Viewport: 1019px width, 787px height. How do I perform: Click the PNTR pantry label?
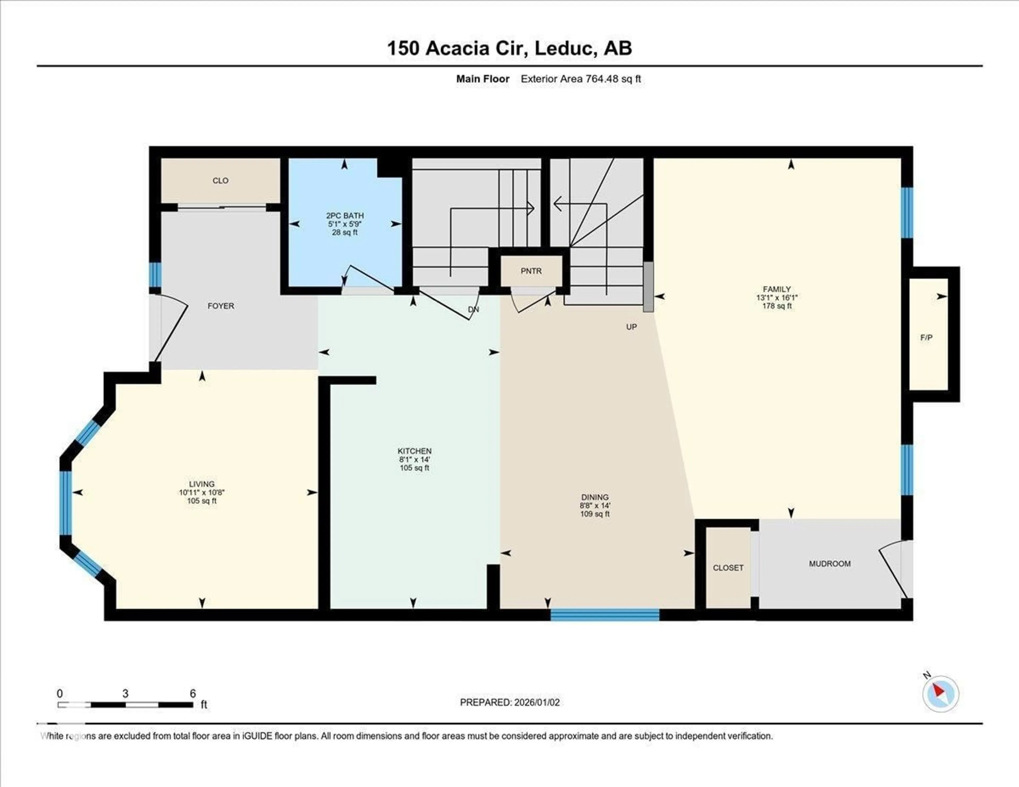click(x=531, y=271)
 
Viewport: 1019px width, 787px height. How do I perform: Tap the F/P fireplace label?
click(x=926, y=337)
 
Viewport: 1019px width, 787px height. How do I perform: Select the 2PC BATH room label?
click(x=345, y=215)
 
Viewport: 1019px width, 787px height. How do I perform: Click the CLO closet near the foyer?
click(x=220, y=180)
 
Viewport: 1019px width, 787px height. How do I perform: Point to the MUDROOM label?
click(x=830, y=564)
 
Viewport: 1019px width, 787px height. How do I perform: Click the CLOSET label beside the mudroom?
click(x=728, y=568)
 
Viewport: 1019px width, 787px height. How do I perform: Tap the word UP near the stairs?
click(x=631, y=327)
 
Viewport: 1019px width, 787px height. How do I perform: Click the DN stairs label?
click(x=473, y=309)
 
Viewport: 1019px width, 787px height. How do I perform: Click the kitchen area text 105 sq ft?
click(x=414, y=468)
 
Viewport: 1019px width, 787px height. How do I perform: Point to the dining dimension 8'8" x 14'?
click(x=595, y=505)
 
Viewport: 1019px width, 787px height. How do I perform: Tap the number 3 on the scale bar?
click(x=125, y=693)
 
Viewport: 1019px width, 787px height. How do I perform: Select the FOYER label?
click(x=221, y=306)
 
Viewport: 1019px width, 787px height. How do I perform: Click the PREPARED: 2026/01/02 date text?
click(x=509, y=702)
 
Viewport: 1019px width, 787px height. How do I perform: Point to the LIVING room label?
click(x=202, y=484)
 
